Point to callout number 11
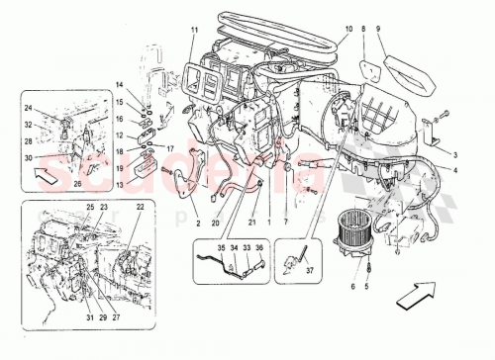pos(194,31)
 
